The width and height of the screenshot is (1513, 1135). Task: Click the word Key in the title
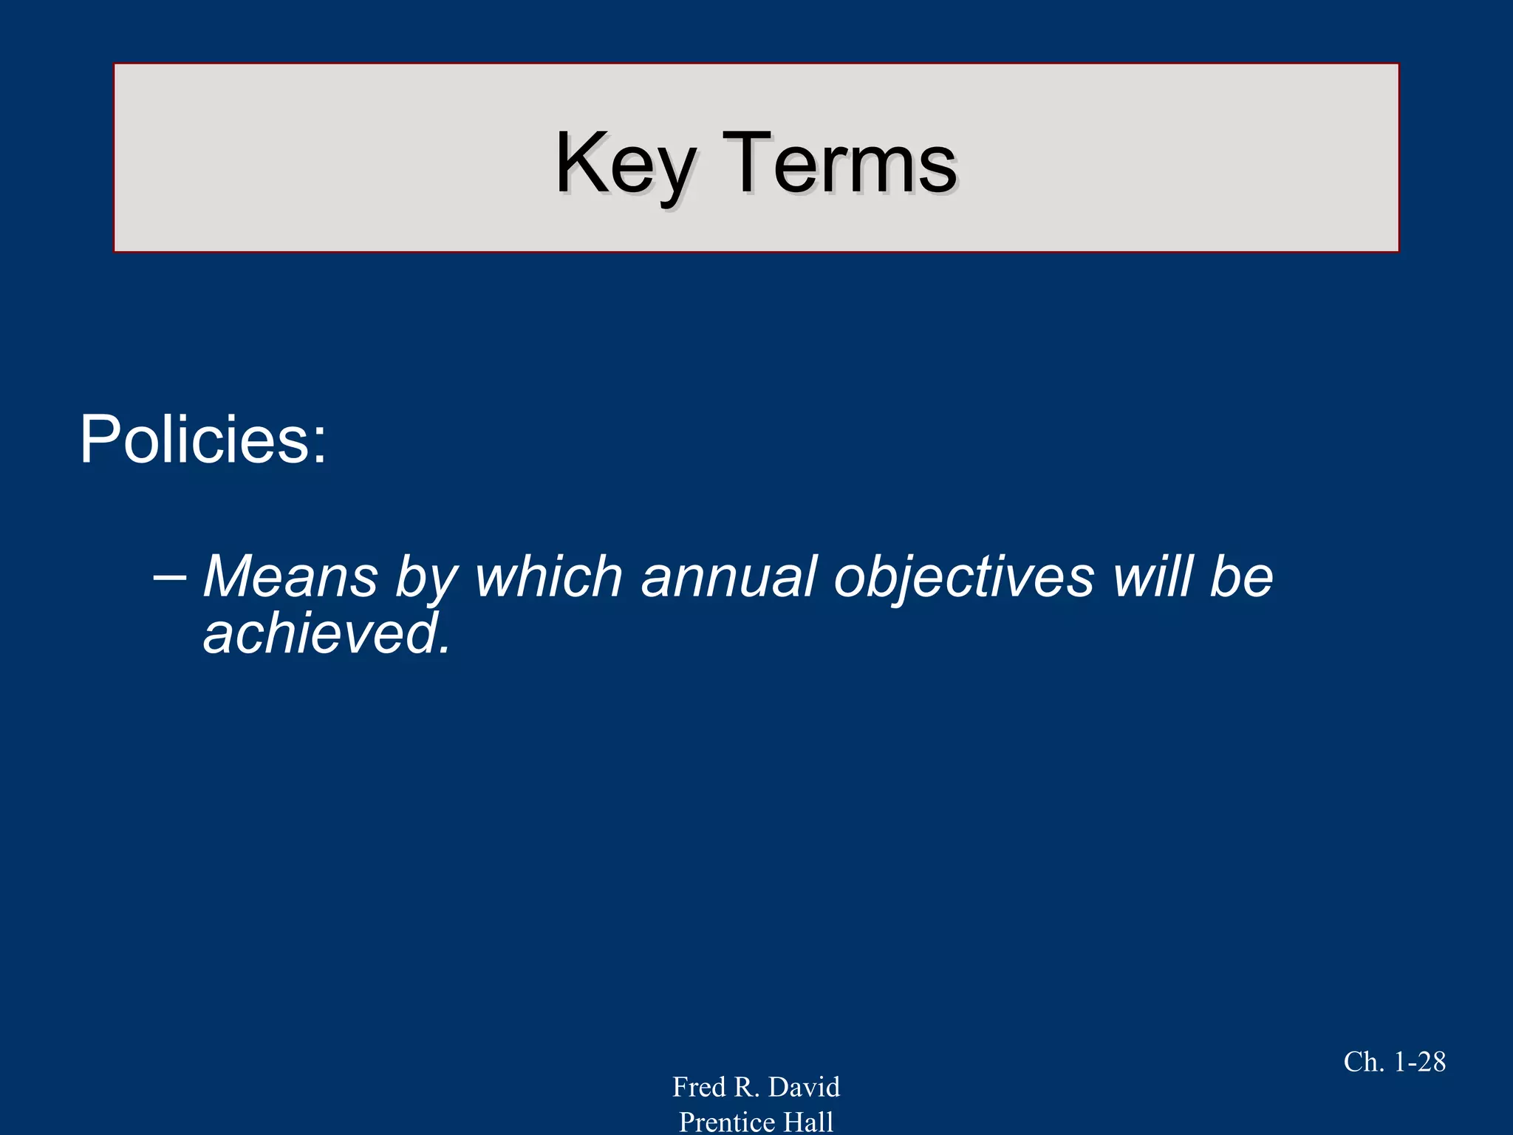[x=625, y=164]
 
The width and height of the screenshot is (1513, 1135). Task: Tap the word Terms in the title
[x=839, y=164]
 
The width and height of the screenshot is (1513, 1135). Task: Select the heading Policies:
[x=202, y=440]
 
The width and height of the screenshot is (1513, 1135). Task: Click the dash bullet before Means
[x=169, y=576]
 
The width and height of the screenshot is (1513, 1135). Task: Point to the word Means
[x=290, y=576]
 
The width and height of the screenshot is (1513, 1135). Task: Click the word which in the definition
[x=549, y=576]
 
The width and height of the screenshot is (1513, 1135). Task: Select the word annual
[x=728, y=576]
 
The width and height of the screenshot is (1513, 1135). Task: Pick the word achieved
[x=321, y=634]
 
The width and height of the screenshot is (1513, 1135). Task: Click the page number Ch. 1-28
[x=1394, y=1062]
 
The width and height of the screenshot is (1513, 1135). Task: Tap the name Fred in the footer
[x=699, y=1087]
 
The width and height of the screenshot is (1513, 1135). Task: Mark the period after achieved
[x=443, y=650]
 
